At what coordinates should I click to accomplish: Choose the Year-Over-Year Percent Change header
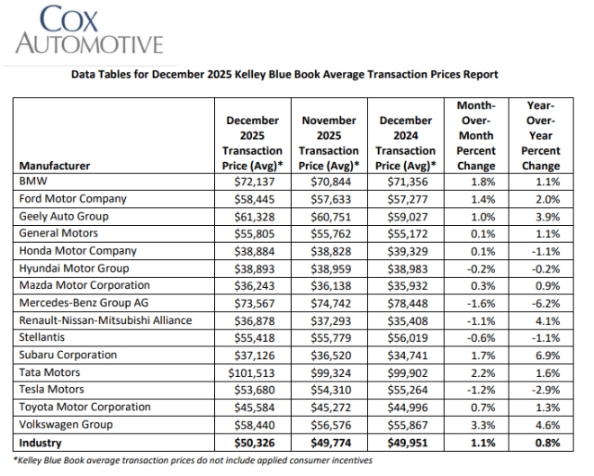coord(540,136)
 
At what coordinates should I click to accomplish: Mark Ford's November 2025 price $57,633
coord(328,199)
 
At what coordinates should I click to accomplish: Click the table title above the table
coord(283,75)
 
